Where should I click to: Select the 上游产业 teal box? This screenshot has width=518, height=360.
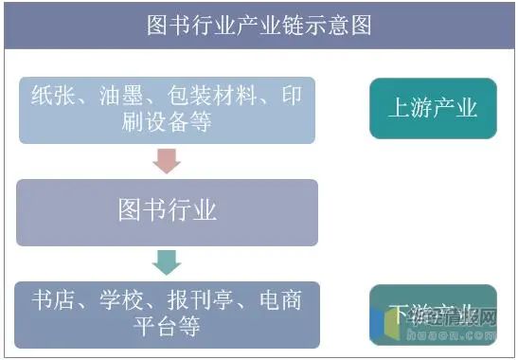tap(433, 108)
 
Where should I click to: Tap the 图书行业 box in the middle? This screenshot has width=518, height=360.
tap(168, 210)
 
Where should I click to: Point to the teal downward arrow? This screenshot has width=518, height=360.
tap(167, 261)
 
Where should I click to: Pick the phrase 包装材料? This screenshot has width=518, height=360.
tap(208, 96)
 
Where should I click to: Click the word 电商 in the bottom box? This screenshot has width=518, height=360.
tap(279, 301)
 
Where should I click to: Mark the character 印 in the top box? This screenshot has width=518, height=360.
tap(291, 96)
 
